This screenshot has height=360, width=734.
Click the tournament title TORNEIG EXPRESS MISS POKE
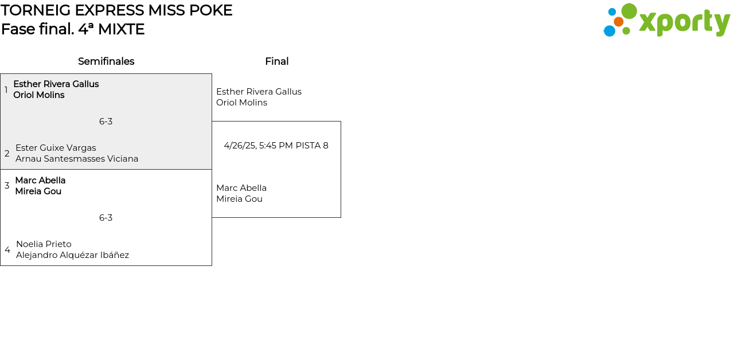click(116, 10)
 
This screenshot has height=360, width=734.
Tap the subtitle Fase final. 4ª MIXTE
click(73, 29)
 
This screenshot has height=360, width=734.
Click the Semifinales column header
click(106, 61)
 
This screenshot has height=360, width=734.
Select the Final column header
click(276, 61)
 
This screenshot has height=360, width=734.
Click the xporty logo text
click(684, 22)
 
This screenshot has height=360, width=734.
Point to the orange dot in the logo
click(618, 22)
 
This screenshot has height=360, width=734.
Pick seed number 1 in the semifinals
click(6, 90)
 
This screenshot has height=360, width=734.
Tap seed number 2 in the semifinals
click(7, 154)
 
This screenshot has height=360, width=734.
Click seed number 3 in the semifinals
click(7, 186)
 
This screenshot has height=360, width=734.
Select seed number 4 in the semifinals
click(7, 250)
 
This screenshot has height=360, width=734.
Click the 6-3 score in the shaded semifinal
click(106, 122)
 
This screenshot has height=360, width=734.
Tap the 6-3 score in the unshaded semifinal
click(106, 218)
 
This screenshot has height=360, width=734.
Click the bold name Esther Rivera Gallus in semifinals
click(56, 84)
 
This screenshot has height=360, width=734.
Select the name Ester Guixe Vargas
click(56, 148)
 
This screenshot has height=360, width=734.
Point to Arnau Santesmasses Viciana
click(77, 159)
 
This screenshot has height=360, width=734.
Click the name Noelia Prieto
click(44, 244)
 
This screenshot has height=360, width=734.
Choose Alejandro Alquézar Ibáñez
click(72, 255)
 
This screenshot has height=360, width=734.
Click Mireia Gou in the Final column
click(239, 199)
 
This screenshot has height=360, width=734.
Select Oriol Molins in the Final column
click(241, 103)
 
